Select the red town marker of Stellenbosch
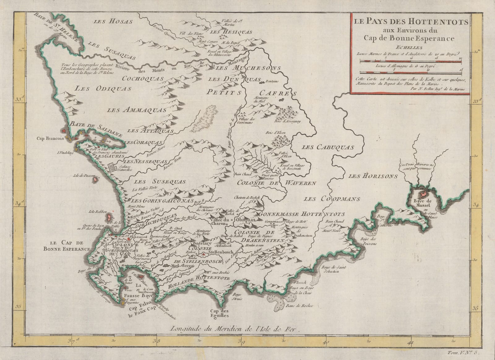point(204,254)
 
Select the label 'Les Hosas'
point(113,22)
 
